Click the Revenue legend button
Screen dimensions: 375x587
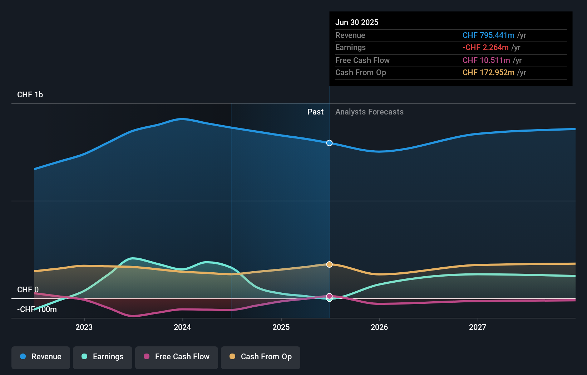pyautogui.click(x=41, y=357)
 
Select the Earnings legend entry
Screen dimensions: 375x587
pyautogui.click(x=103, y=357)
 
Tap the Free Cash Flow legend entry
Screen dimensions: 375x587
pyautogui.click(x=177, y=357)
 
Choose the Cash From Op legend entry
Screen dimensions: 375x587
pyautogui.click(x=261, y=357)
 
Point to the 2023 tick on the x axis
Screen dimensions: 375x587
pyautogui.click(x=84, y=327)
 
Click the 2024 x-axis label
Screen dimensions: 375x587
pyautogui.click(x=182, y=327)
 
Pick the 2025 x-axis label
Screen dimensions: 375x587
pyautogui.click(x=281, y=327)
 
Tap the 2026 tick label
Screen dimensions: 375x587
pyautogui.click(x=379, y=327)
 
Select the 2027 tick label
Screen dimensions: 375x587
pyautogui.click(x=478, y=327)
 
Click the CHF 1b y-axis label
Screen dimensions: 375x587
pyautogui.click(x=30, y=95)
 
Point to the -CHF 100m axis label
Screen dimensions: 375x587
pyautogui.click(x=37, y=310)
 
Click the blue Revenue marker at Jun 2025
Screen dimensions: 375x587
pyautogui.click(x=329, y=143)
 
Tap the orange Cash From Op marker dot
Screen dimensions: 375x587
pyautogui.click(x=329, y=264)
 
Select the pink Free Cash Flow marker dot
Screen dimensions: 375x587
pyautogui.click(x=329, y=296)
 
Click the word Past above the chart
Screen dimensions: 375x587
pyautogui.click(x=315, y=112)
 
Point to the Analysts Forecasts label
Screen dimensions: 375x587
pyautogui.click(x=369, y=112)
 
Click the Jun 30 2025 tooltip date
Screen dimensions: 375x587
pyautogui.click(x=357, y=23)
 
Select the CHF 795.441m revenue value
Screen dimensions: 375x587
pyautogui.click(x=488, y=35)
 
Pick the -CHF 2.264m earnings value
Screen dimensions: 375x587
pyautogui.click(x=485, y=48)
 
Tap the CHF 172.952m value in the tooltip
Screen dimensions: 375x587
pyautogui.click(x=488, y=73)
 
